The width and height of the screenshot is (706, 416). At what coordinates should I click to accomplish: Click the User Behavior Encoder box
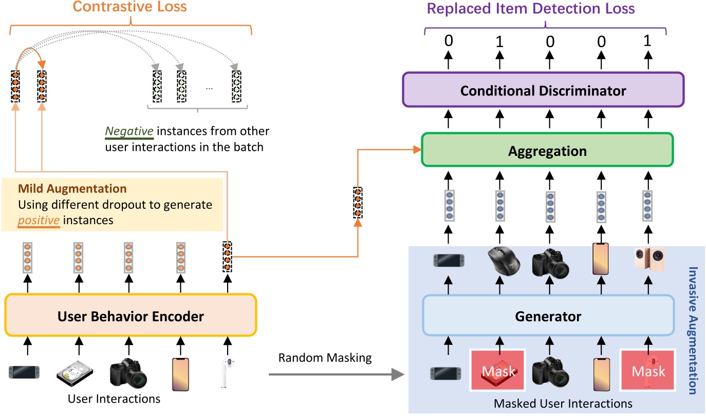131,315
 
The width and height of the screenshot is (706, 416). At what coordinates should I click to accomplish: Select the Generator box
548,316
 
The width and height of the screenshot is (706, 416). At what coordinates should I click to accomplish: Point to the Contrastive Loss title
129,7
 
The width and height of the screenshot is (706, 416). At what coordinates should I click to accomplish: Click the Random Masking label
325,358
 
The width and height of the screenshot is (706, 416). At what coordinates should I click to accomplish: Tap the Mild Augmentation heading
72,189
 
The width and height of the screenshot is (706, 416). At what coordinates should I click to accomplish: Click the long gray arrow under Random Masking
335,375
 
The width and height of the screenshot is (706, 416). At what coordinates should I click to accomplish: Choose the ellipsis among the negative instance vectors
209,87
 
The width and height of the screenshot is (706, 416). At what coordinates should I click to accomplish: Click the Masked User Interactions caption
563,404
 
